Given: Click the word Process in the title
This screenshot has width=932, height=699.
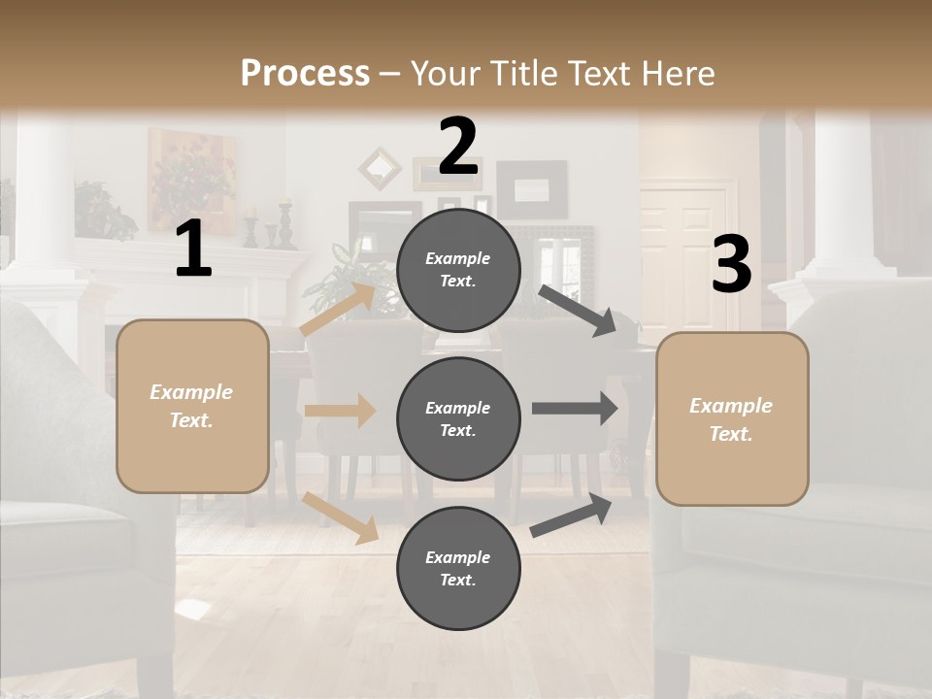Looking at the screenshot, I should pos(305,73).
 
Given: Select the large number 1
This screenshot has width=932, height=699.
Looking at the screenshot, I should pos(193,250).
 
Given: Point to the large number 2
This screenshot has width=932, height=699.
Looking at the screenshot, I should pos(458,147).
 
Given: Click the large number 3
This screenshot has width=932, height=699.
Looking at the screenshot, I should pos(731,265).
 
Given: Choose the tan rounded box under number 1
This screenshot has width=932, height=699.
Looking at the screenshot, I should pos(192,406).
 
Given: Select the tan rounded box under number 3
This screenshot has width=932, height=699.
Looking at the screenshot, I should pos(732,419).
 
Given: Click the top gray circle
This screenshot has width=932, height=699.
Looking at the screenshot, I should pos(458,270).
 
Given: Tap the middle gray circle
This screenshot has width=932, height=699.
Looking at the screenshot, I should pos(458,418).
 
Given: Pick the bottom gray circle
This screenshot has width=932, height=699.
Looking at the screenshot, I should pos(458,568).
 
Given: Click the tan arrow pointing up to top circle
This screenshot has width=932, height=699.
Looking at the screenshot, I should pos(338,309).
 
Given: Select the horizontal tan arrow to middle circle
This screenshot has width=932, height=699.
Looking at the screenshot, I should pos(340,410).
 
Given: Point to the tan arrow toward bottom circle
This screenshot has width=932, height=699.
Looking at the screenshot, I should pos(341,516).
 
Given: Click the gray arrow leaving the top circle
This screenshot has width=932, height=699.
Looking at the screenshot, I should pos(578,310).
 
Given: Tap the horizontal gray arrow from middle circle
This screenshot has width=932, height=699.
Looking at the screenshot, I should pos(574,408).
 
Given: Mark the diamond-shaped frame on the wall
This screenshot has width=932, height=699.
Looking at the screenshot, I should pos(380,168).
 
